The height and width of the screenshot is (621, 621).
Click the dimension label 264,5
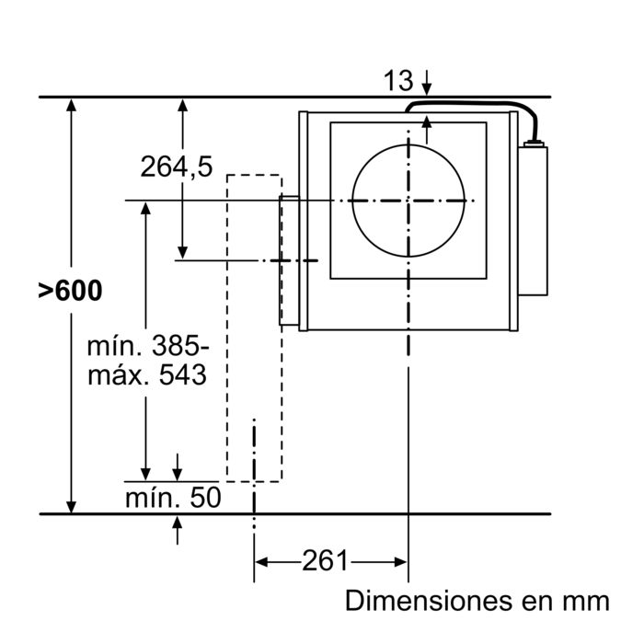(x=177, y=166)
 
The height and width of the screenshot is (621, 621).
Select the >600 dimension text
(x=70, y=291)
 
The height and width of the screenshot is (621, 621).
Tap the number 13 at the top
(x=398, y=81)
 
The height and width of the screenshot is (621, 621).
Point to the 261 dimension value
(x=325, y=560)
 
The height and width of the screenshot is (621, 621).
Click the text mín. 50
(x=173, y=498)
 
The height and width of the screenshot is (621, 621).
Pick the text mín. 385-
(x=148, y=347)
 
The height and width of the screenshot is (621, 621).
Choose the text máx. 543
(x=146, y=375)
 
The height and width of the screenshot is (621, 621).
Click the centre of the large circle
(x=407, y=201)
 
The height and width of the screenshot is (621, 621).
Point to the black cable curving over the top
(x=478, y=108)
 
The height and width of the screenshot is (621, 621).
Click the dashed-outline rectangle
(x=254, y=327)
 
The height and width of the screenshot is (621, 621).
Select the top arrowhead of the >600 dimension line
(x=72, y=105)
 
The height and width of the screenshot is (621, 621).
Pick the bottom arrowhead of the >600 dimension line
(x=72, y=505)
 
